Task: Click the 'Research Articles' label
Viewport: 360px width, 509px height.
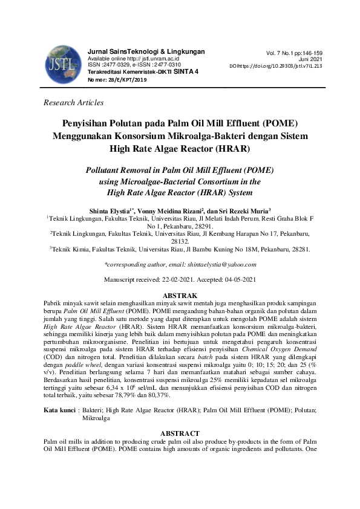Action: click(74, 103)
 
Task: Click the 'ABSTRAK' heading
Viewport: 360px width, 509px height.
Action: click(180, 293)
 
